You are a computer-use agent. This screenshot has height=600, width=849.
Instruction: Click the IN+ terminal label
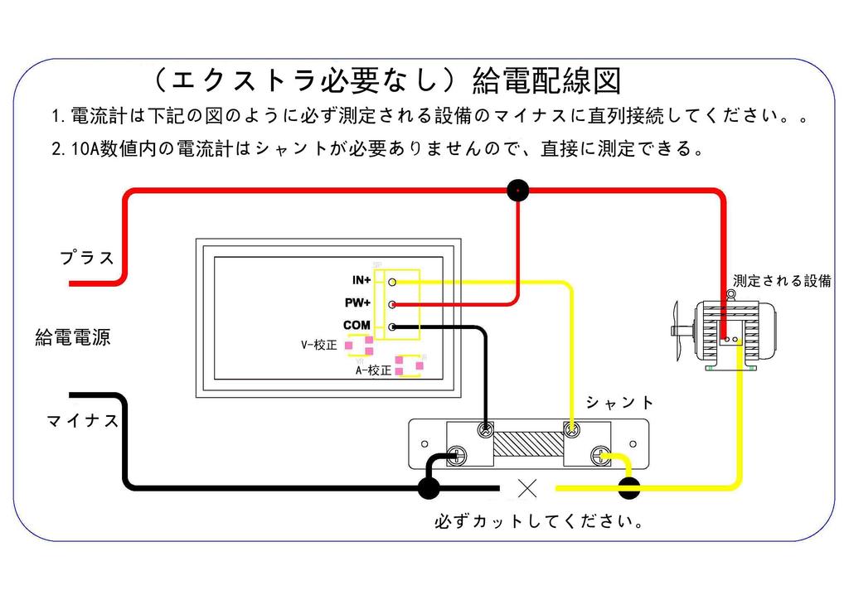[x=361, y=281]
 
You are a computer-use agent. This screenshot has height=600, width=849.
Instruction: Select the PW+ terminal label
[x=358, y=303]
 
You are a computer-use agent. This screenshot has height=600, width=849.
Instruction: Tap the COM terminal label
[x=357, y=326]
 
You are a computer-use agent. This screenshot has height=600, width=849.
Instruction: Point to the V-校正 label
[x=318, y=345]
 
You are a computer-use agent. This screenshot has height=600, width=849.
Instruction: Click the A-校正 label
[x=373, y=370]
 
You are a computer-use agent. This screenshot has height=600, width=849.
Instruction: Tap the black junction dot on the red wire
[x=518, y=191]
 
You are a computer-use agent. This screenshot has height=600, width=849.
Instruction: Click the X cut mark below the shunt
[x=526, y=489]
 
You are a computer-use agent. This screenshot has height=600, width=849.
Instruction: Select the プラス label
[x=87, y=257]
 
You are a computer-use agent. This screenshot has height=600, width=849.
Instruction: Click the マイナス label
[x=83, y=421]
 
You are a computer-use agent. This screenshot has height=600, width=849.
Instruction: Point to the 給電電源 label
[x=73, y=338]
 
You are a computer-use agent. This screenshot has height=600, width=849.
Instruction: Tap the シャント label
[x=620, y=403]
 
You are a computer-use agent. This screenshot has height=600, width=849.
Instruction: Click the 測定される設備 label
[x=782, y=281]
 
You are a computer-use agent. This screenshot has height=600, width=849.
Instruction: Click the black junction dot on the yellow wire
[x=629, y=489]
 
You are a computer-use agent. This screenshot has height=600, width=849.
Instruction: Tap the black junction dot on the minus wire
[x=429, y=488]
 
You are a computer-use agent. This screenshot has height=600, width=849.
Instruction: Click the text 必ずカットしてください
[x=540, y=522]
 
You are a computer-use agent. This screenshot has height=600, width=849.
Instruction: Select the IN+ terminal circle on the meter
[x=392, y=282]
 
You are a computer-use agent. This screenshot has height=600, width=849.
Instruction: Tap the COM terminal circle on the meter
[x=392, y=327]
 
